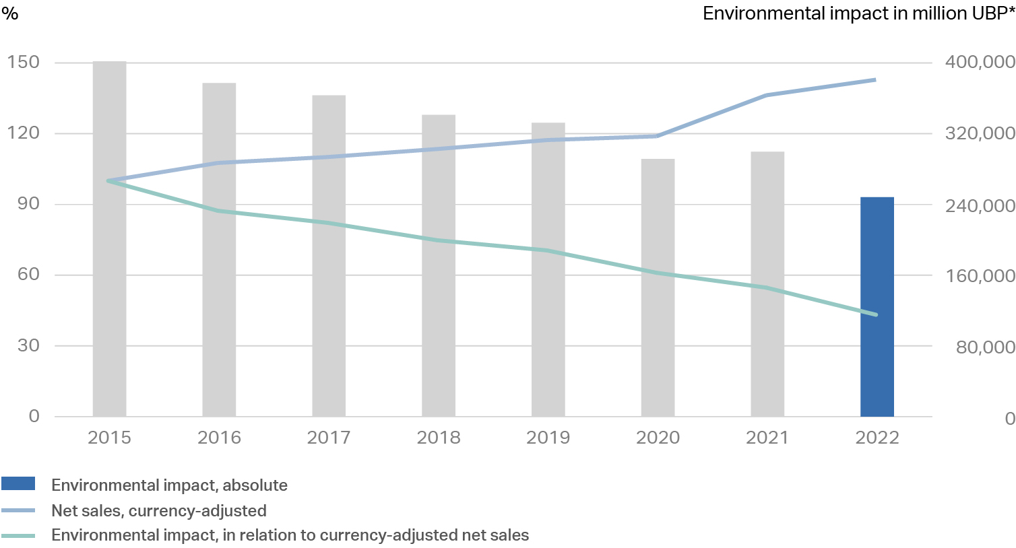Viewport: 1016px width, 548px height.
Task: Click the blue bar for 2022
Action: coord(877,306)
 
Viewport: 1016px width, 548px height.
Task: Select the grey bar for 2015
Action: coord(109,239)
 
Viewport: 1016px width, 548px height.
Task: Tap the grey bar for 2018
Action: coord(439,265)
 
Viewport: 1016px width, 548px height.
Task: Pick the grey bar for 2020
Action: coord(658,287)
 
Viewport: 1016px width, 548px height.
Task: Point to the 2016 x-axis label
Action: coord(219,438)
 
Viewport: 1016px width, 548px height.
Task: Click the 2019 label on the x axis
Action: coord(548,438)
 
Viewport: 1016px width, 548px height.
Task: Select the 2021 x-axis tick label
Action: coord(767,438)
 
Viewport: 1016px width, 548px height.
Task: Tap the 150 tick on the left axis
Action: coord(24,63)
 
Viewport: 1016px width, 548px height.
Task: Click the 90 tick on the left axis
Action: coord(28,204)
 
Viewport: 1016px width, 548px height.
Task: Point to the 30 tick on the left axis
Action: coord(28,345)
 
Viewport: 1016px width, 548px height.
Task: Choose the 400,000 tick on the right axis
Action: coord(980,63)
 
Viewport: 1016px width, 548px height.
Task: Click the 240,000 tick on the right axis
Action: coord(980,205)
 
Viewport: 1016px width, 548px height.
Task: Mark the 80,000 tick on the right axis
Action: coord(985,347)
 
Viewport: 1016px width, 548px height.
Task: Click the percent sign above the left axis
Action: coord(9,13)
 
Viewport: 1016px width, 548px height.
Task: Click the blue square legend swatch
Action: coord(18,484)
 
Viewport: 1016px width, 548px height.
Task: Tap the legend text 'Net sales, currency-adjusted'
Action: coord(159,511)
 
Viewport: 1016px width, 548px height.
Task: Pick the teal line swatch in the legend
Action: coord(18,536)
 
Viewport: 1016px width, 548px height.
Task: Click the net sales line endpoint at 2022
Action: coord(875,80)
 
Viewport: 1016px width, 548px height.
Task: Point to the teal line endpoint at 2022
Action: coord(877,314)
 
